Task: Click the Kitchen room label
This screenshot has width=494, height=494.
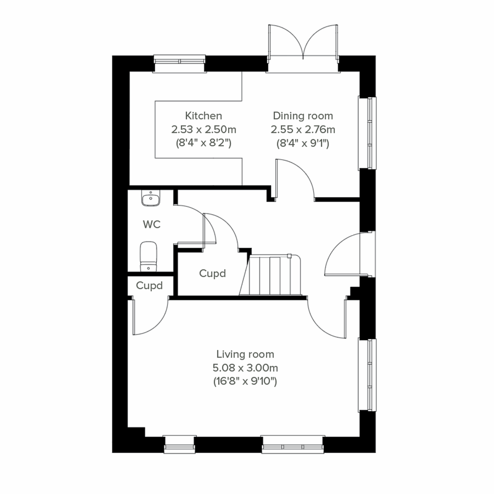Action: coord(203,116)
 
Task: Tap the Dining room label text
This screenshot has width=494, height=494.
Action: coord(303,116)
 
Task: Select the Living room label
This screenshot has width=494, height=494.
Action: coord(245,354)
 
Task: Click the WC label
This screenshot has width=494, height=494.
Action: coord(151,224)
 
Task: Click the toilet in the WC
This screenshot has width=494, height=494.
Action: coord(148,256)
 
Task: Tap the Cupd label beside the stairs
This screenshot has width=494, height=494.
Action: coord(212,273)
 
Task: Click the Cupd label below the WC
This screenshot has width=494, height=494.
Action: coord(149,285)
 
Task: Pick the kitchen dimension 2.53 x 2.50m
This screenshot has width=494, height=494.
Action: coord(203,130)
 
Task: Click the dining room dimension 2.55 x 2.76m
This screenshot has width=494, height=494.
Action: coord(303,130)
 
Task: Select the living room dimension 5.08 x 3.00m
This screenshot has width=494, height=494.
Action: coord(245,368)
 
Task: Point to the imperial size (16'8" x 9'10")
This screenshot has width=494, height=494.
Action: coord(245,381)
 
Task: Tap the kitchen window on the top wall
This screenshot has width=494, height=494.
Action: coord(179,62)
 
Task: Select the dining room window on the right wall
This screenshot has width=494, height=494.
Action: coord(367,133)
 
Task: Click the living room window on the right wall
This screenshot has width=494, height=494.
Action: coord(367,374)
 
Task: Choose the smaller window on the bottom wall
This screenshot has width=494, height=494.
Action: coord(179,445)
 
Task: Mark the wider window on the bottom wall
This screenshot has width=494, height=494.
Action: coord(293,445)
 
